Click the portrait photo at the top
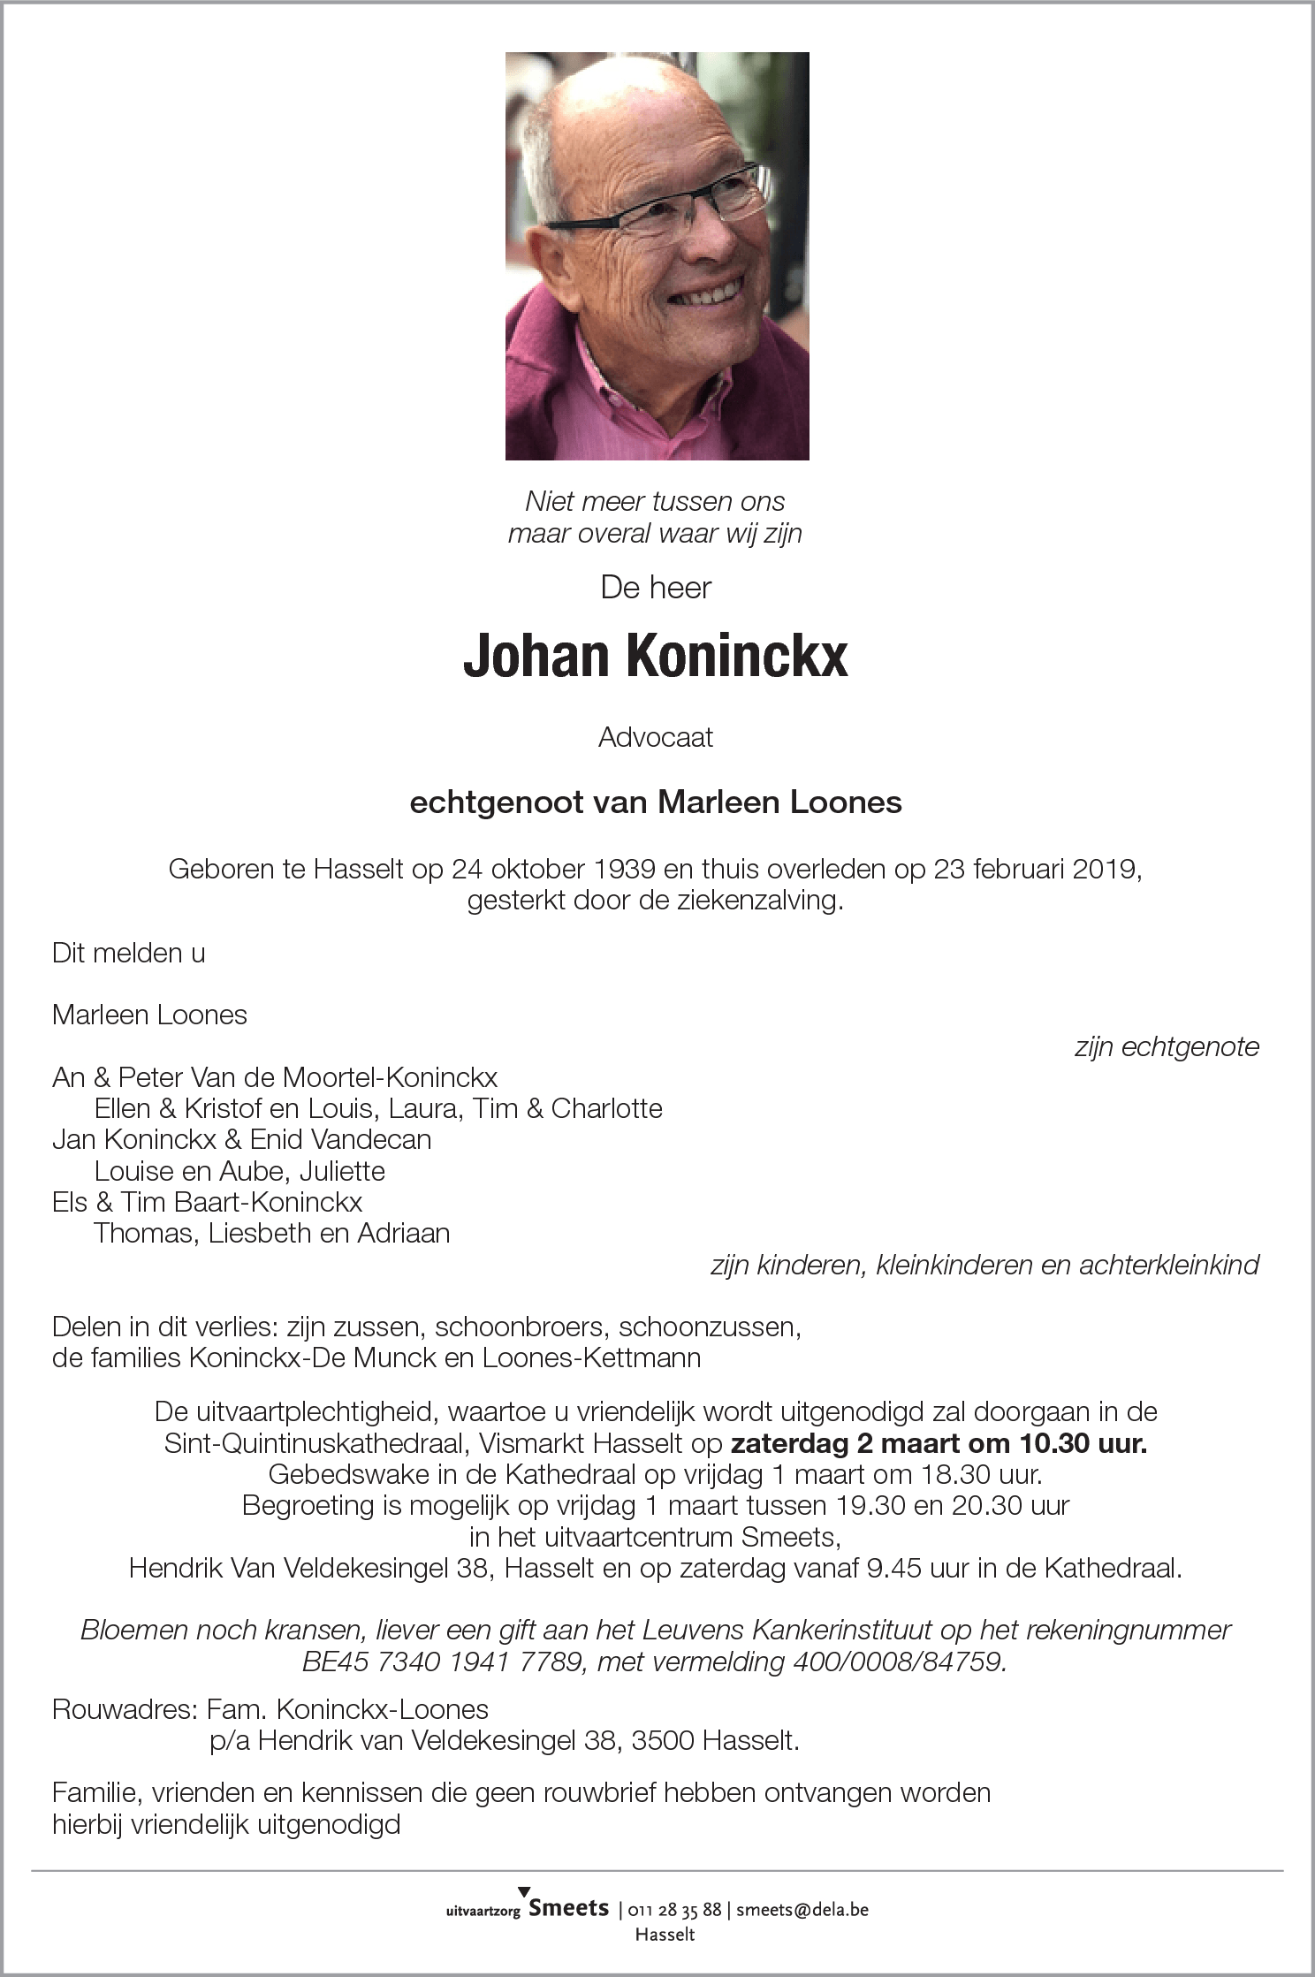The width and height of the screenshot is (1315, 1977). (x=657, y=256)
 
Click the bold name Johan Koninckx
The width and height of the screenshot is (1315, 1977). (x=656, y=657)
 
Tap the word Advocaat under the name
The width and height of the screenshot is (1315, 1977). (x=656, y=737)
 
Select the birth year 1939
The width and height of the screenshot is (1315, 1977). (x=625, y=870)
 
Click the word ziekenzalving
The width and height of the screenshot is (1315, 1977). (x=753, y=902)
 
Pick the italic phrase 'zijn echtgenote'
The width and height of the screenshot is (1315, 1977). (x=1166, y=1046)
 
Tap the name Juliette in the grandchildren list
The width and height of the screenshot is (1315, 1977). (x=342, y=1171)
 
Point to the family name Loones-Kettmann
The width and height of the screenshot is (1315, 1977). (x=591, y=1357)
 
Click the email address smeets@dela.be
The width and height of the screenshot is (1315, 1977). (x=802, y=1909)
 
